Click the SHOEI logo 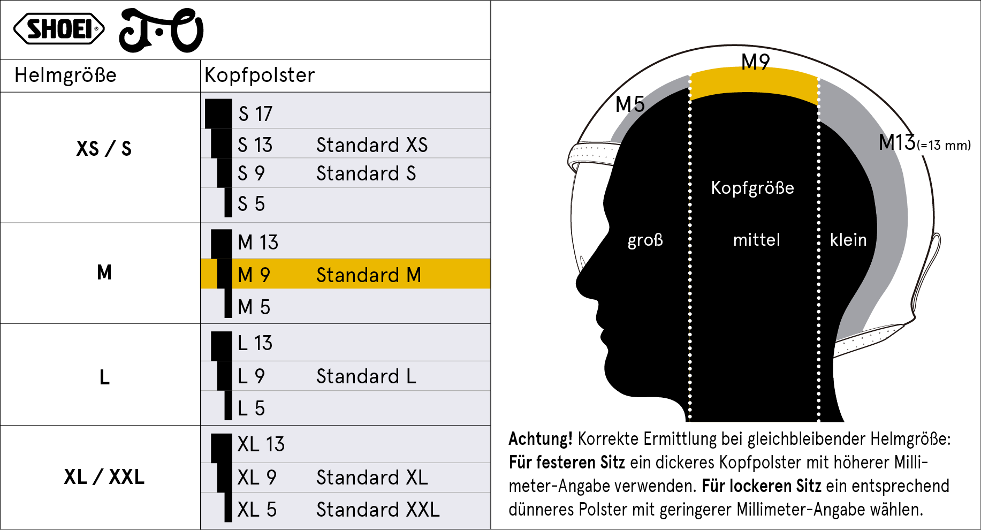click(x=59, y=29)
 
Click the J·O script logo click(x=161, y=31)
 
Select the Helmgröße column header click(x=65, y=75)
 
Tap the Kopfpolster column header click(x=260, y=75)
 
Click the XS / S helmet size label click(x=104, y=148)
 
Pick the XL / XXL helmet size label click(x=104, y=476)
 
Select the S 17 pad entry click(x=255, y=114)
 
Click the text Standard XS click(x=372, y=145)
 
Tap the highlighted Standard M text click(x=369, y=275)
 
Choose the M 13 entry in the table click(x=258, y=243)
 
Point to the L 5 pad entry click(x=251, y=408)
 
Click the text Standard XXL click(x=378, y=510)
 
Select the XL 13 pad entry click(x=261, y=444)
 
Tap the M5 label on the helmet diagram click(x=630, y=104)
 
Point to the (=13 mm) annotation click(x=944, y=146)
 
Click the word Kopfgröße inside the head click(x=752, y=188)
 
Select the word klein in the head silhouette click(x=848, y=239)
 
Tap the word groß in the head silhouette click(x=645, y=240)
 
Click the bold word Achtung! click(x=541, y=439)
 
